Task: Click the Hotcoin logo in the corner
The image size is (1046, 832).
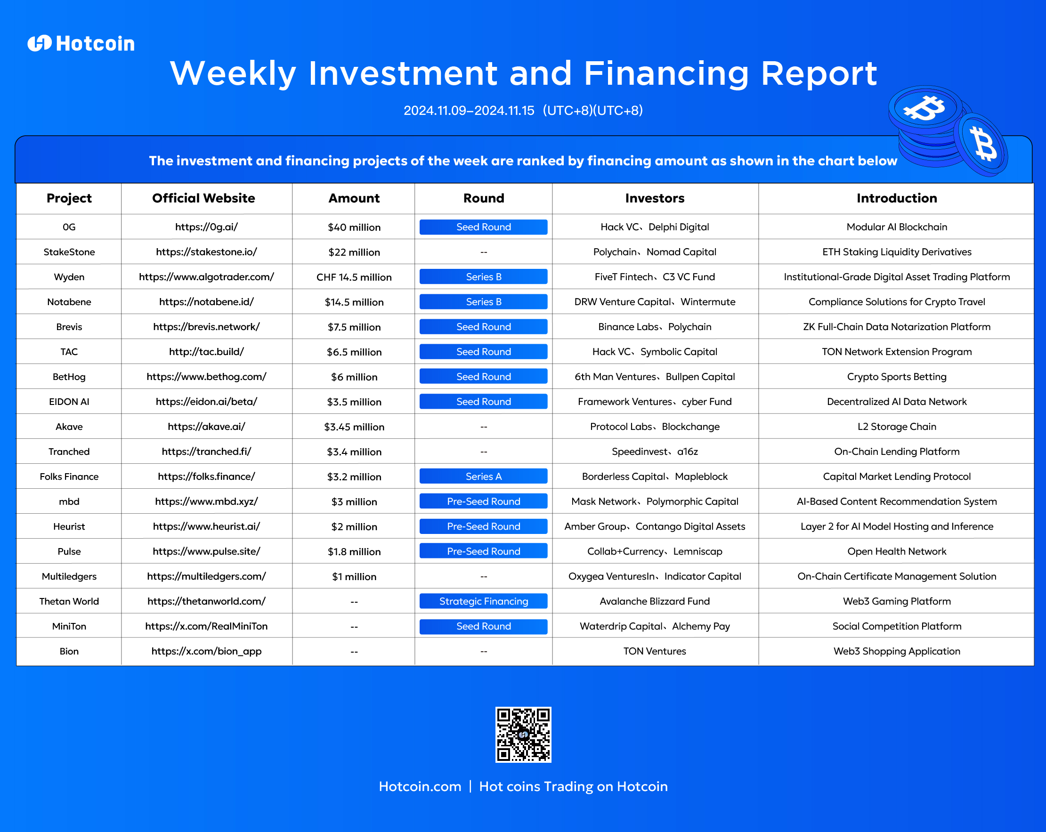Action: tap(81, 44)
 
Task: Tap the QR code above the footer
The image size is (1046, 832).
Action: tap(523, 735)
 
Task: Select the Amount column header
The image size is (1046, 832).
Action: tap(354, 198)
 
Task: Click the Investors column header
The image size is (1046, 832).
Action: tap(655, 198)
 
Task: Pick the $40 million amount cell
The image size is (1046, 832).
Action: tap(354, 227)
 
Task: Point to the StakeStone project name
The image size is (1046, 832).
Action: tap(69, 252)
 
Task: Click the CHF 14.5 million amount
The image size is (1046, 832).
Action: tap(354, 277)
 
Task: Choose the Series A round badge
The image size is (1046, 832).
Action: tap(484, 477)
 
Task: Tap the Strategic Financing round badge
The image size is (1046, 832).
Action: tap(484, 601)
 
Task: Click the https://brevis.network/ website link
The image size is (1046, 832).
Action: tap(206, 327)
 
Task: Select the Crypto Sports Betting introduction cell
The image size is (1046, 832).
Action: tap(897, 377)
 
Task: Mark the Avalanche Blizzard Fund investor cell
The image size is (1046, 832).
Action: tap(655, 601)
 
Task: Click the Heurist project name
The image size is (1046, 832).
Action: tap(69, 526)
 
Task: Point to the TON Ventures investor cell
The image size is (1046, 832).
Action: tap(655, 651)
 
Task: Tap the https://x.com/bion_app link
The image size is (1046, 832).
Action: tap(206, 651)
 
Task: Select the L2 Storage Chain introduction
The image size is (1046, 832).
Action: tap(897, 427)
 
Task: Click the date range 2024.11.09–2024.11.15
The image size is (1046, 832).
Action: tap(469, 111)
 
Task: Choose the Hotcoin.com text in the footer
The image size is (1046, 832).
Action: tap(420, 786)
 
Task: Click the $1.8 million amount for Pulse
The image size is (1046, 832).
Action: tap(354, 551)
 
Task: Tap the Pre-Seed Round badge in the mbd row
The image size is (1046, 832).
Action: tap(484, 501)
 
